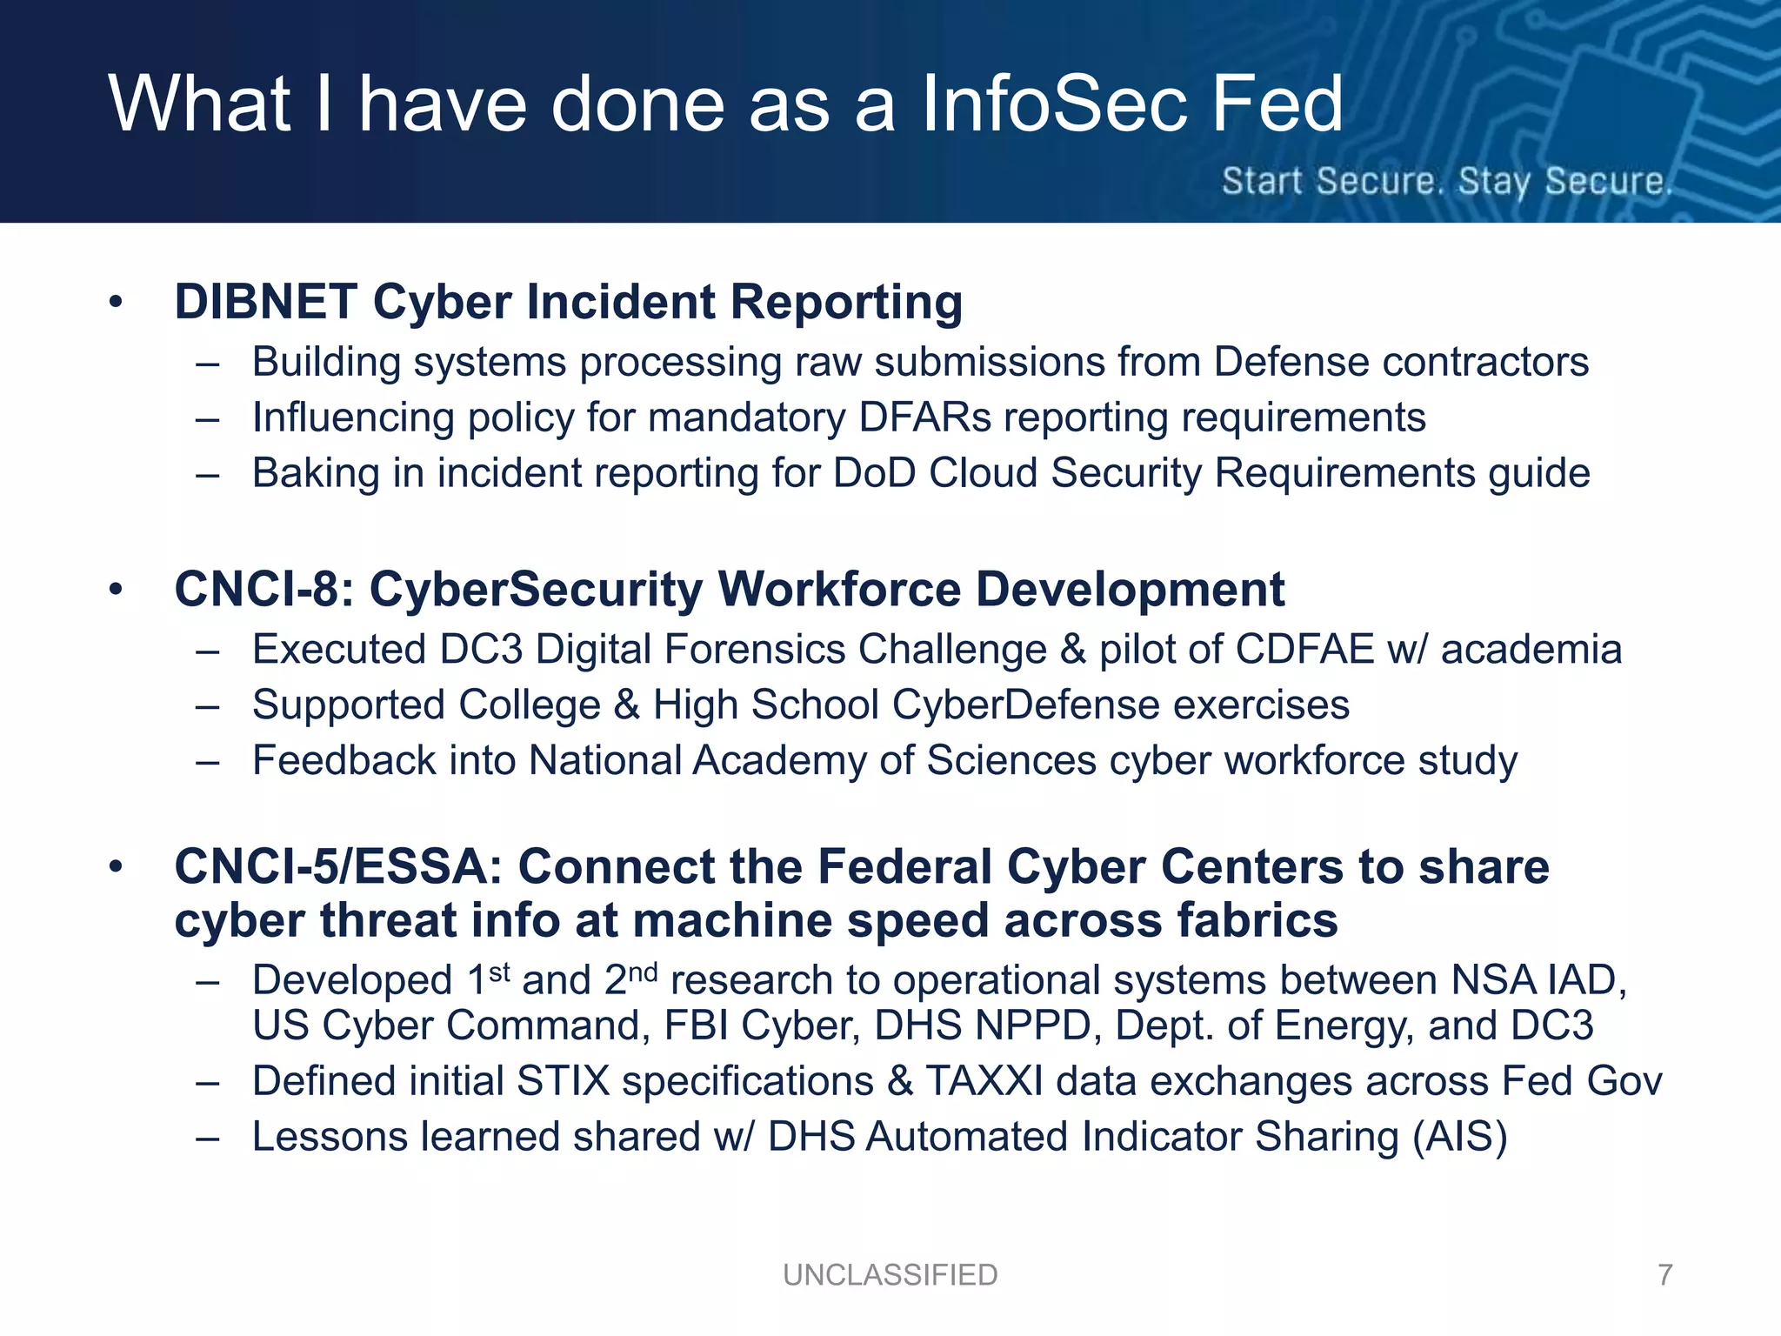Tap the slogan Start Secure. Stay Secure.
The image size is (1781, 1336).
click(x=1446, y=181)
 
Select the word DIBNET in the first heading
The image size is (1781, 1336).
click(x=266, y=302)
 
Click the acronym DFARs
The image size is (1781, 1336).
click(x=924, y=417)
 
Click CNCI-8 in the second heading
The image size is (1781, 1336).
click(x=257, y=590)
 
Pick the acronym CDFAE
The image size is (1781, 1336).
click(x=1304, y=650)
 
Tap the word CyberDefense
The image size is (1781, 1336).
click(x=1026, y=705)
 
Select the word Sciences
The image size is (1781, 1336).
click(x=1011, y=761)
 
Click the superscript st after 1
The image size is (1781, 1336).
click(x=498, y=971)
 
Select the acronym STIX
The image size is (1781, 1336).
click(x=563, y=1082)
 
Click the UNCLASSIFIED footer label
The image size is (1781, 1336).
click(x=890, y=1274)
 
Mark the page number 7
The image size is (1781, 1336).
click(x=1664, y=1274)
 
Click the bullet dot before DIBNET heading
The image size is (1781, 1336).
click(x=117, y=303)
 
